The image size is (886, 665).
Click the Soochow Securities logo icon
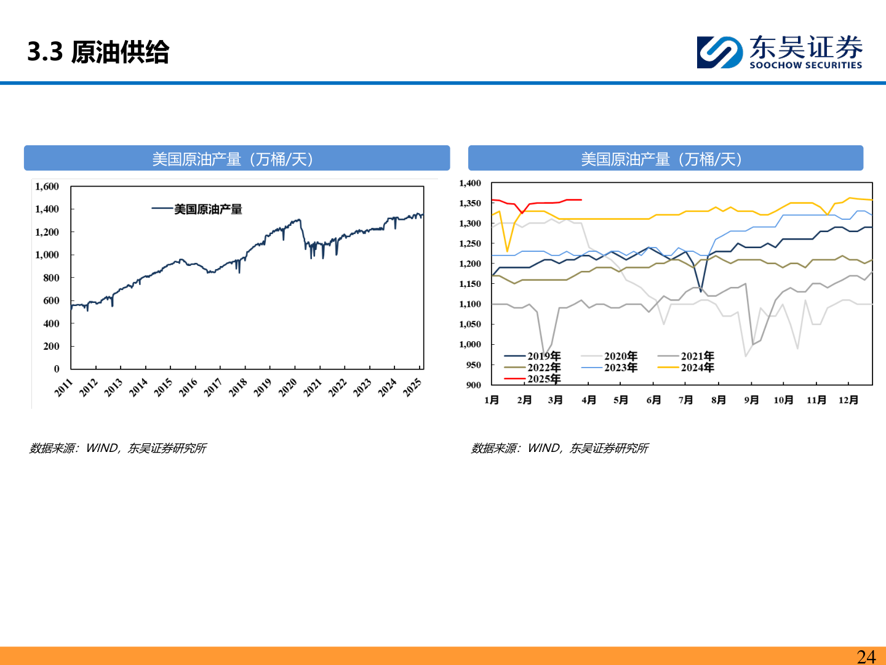tap(720, 52)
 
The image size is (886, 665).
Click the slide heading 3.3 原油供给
tap(98, 52)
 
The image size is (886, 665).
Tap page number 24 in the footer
tap(866, 656)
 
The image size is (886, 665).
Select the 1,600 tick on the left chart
tap(47, 187)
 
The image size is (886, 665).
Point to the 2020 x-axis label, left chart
tap(288, 388)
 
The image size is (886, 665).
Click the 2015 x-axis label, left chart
tap(164, 388)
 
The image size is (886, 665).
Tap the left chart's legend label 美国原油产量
tap(208, 209)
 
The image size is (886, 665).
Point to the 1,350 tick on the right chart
tap(470, 203)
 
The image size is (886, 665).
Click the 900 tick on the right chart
tap(474, 385)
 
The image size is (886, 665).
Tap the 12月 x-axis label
tap(848, 400)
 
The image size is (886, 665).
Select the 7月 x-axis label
tap(686, 400)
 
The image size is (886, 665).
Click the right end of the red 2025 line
tap(581, 200)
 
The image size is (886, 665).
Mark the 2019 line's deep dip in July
tap(701, 291)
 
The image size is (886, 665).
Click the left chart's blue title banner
tap(237, 158)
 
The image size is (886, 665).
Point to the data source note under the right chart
tap(559, 448)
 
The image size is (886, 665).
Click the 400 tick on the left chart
tap(51, 323)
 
